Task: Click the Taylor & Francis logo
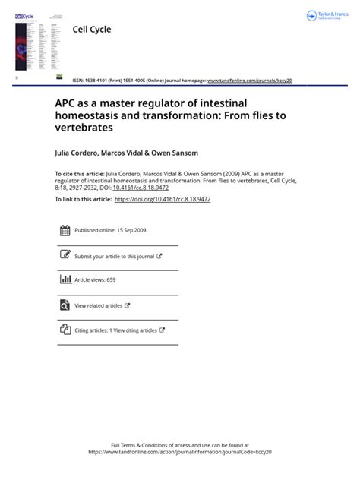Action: [325, 16]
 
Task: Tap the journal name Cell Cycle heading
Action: [91, 30]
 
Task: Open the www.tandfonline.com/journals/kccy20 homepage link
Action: [249, 81]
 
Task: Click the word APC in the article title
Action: [65, 103]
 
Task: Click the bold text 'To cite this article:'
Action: [79, 174]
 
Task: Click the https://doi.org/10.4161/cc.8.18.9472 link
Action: [162, 199]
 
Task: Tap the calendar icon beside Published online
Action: [65, 231]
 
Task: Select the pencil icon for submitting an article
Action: [65, 255]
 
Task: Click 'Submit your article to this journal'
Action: [114, 257]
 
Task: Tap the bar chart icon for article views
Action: [65, 279]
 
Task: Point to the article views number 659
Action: [111, 280]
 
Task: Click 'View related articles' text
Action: [98, 305]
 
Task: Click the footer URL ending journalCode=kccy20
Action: [180, 452]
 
